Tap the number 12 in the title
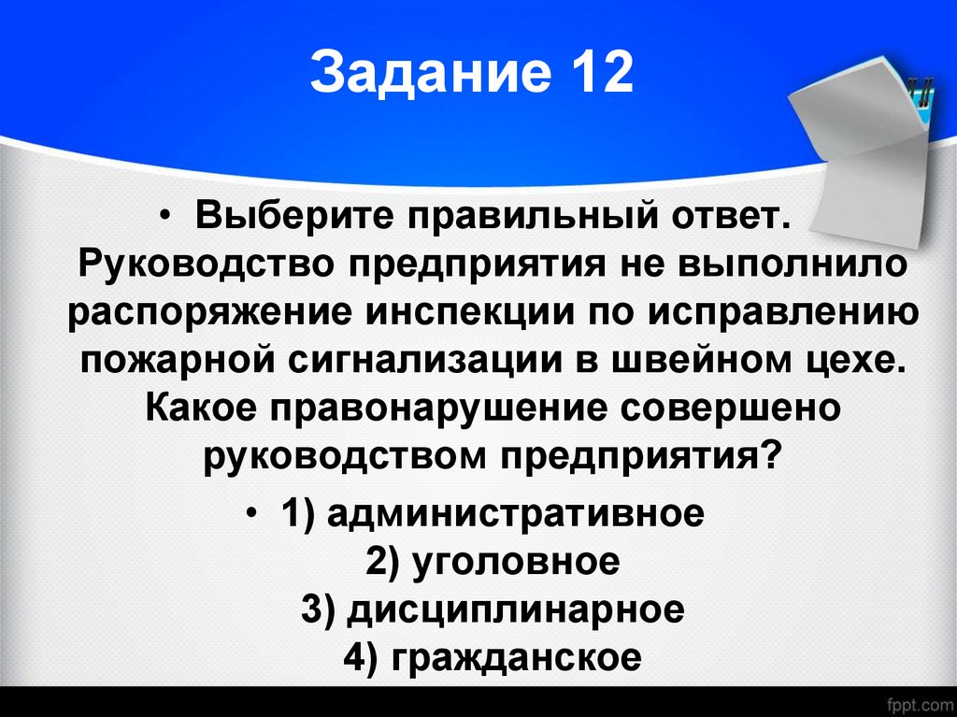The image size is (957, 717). pyautogui.click(x=600, y=76)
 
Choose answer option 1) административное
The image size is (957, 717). pyautogui.click(x=490, y=513)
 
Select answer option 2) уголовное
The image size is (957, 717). pyautogui.click(x=493, y=562)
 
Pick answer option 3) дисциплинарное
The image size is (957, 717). pyautogui.click(x=493, y=609)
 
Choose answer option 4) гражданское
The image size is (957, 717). pyautogui.click(x=493, y=658)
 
